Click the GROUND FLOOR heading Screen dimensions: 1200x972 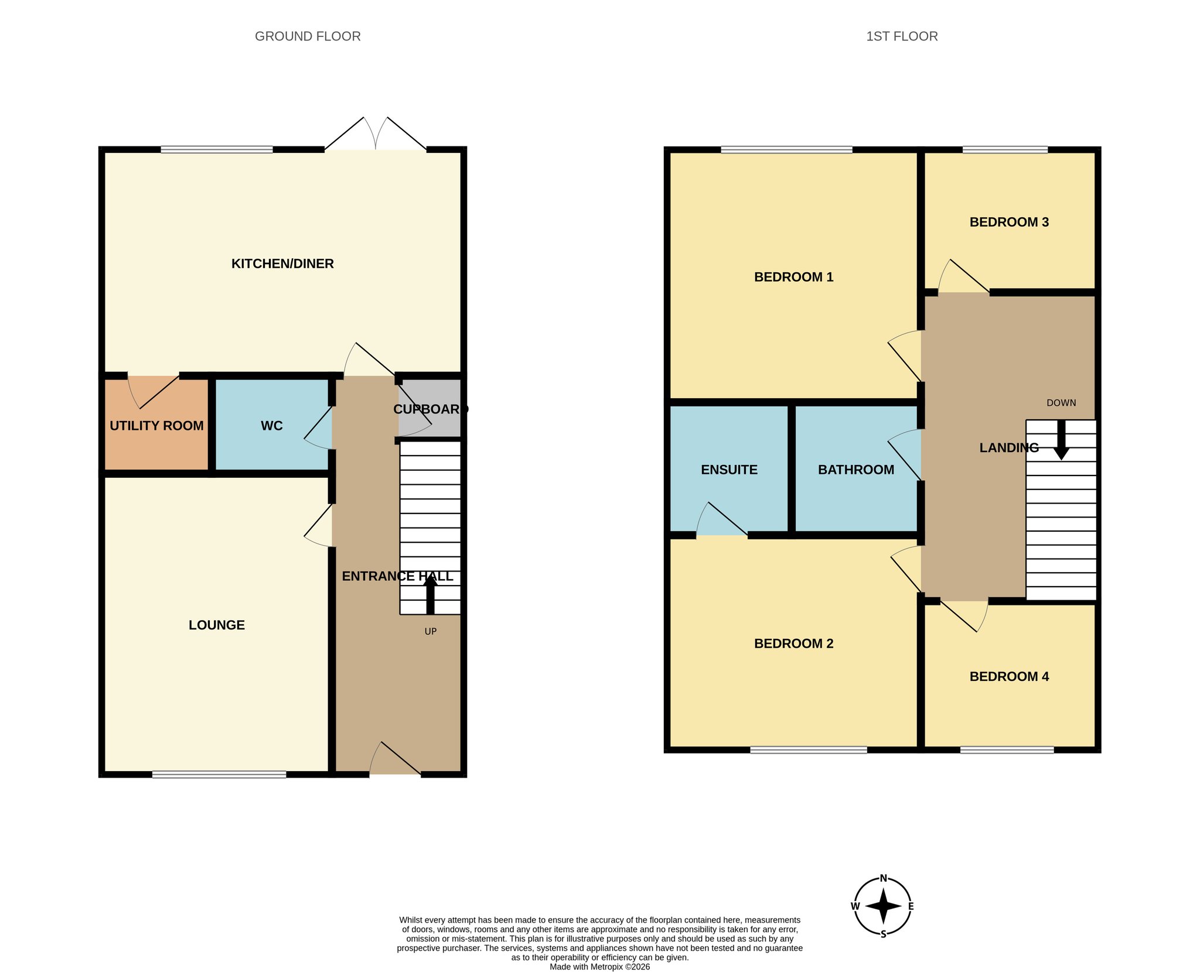(308, 36)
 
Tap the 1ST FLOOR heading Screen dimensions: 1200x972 (902, 36)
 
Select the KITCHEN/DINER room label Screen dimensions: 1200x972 (282, 263)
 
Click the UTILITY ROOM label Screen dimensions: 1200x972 (156, 426)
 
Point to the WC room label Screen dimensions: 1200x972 (272, 426)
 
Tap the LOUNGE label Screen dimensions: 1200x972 (217, 625)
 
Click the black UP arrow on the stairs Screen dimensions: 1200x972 (430, 594)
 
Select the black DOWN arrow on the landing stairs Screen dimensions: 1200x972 (1061, 440)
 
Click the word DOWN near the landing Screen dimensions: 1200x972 (1061, 403)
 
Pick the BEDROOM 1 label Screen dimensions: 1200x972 (793, 277)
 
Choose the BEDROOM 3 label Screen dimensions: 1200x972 (1009, 222)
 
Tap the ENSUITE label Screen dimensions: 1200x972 (729, 470)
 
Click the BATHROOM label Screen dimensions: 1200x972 (856, 470)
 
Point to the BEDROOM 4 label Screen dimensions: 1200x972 (1009, 676)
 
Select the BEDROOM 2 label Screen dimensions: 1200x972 (793, 644)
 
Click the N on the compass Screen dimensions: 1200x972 (884, 878)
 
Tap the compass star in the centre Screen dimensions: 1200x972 (883, 906)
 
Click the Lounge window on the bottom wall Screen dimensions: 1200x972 (219, 774)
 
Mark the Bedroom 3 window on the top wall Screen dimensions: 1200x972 (1005, 150)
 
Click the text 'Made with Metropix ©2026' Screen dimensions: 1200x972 (599, 967)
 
